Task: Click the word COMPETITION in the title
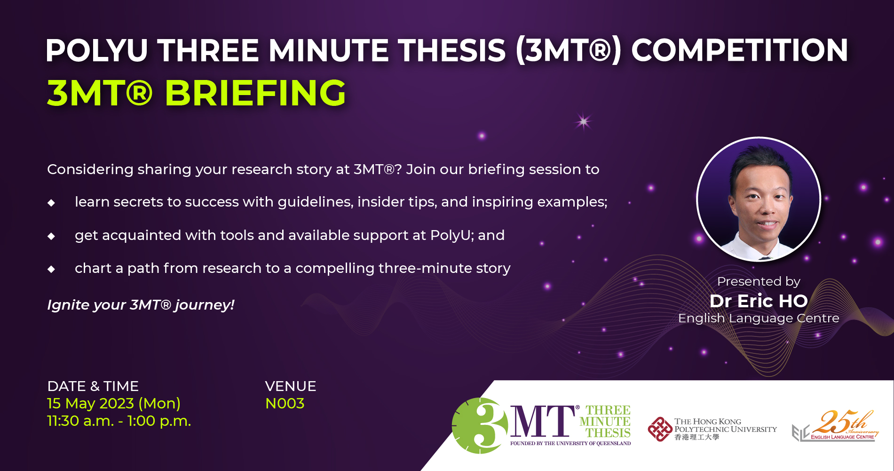[739, 50]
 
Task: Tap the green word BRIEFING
[255, 93]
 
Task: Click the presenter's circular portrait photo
[758, 199]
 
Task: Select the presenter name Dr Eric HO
[758, 301]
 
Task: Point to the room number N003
[285, 404]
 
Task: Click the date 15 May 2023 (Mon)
[114, 404]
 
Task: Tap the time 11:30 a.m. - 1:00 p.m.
[119, 421]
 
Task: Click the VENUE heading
[290, 386]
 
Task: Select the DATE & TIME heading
[93, 386]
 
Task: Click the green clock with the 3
[480, 426]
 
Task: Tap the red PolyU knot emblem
[660, 429]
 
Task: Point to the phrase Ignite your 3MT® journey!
[141, 305]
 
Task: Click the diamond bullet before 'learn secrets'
[51, 203]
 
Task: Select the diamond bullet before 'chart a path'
[51, 269]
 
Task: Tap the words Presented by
[758, 281]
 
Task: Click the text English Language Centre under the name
[758, 319]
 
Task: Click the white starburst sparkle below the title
[583, 122]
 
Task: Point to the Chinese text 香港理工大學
[696, 437]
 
